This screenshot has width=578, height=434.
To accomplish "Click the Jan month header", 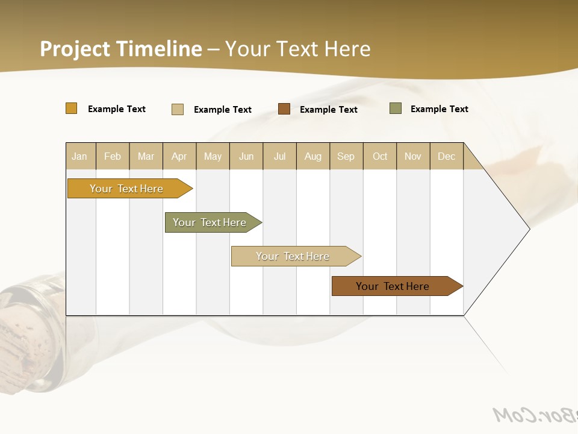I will pos(80,156).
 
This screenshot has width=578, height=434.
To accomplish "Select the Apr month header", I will pos(179,156).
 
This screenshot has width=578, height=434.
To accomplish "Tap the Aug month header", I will pos(313,156).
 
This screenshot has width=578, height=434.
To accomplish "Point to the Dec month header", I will pos(447,156).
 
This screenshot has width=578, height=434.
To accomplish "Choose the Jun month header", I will pos(246,156).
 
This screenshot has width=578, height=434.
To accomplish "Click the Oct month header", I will pos(380,156).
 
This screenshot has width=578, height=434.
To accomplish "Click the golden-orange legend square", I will pos(71,108).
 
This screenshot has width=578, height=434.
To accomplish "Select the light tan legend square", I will pos(178,109).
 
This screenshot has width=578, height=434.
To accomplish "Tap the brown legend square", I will pos(284,109).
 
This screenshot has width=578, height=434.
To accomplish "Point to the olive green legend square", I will pos(396,108).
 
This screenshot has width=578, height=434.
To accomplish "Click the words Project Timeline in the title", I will pos(120,49).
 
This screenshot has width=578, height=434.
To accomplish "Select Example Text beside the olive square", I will pos(439,109).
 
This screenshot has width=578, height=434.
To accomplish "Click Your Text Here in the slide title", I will pos(298,49).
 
